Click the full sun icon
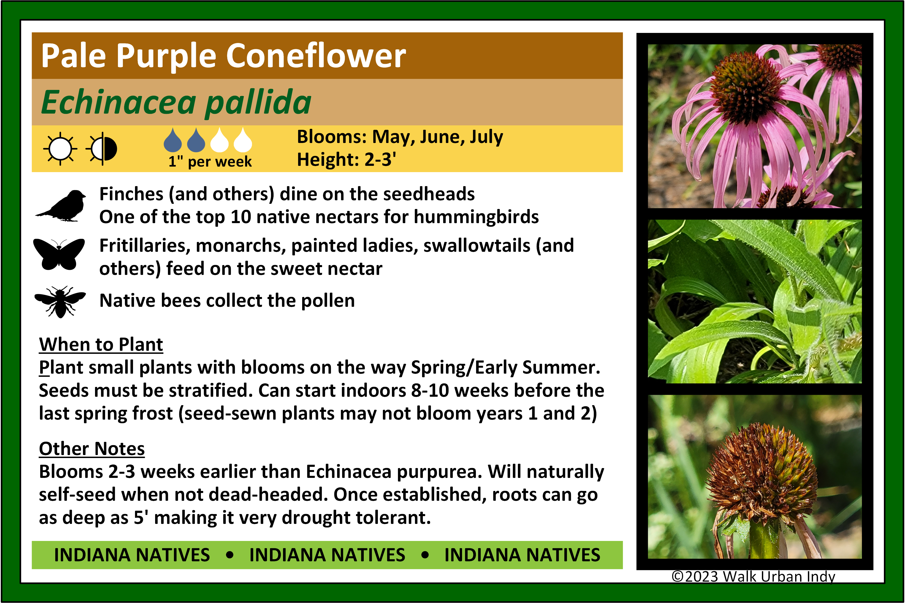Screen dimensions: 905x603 (x=60, y=149)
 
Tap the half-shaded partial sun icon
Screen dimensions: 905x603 (x=102, y=149)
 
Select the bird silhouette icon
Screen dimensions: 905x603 (x=61, y=206)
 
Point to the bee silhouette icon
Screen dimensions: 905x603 (x=60, y=302)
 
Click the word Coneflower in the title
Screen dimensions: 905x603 (x=316, y=56)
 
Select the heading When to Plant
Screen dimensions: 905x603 (x=101, y=344)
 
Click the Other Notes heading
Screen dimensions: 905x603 (x=92, y=449)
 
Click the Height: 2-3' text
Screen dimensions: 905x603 (x=347, y=160)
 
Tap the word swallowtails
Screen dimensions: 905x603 (x=477, y=246)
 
